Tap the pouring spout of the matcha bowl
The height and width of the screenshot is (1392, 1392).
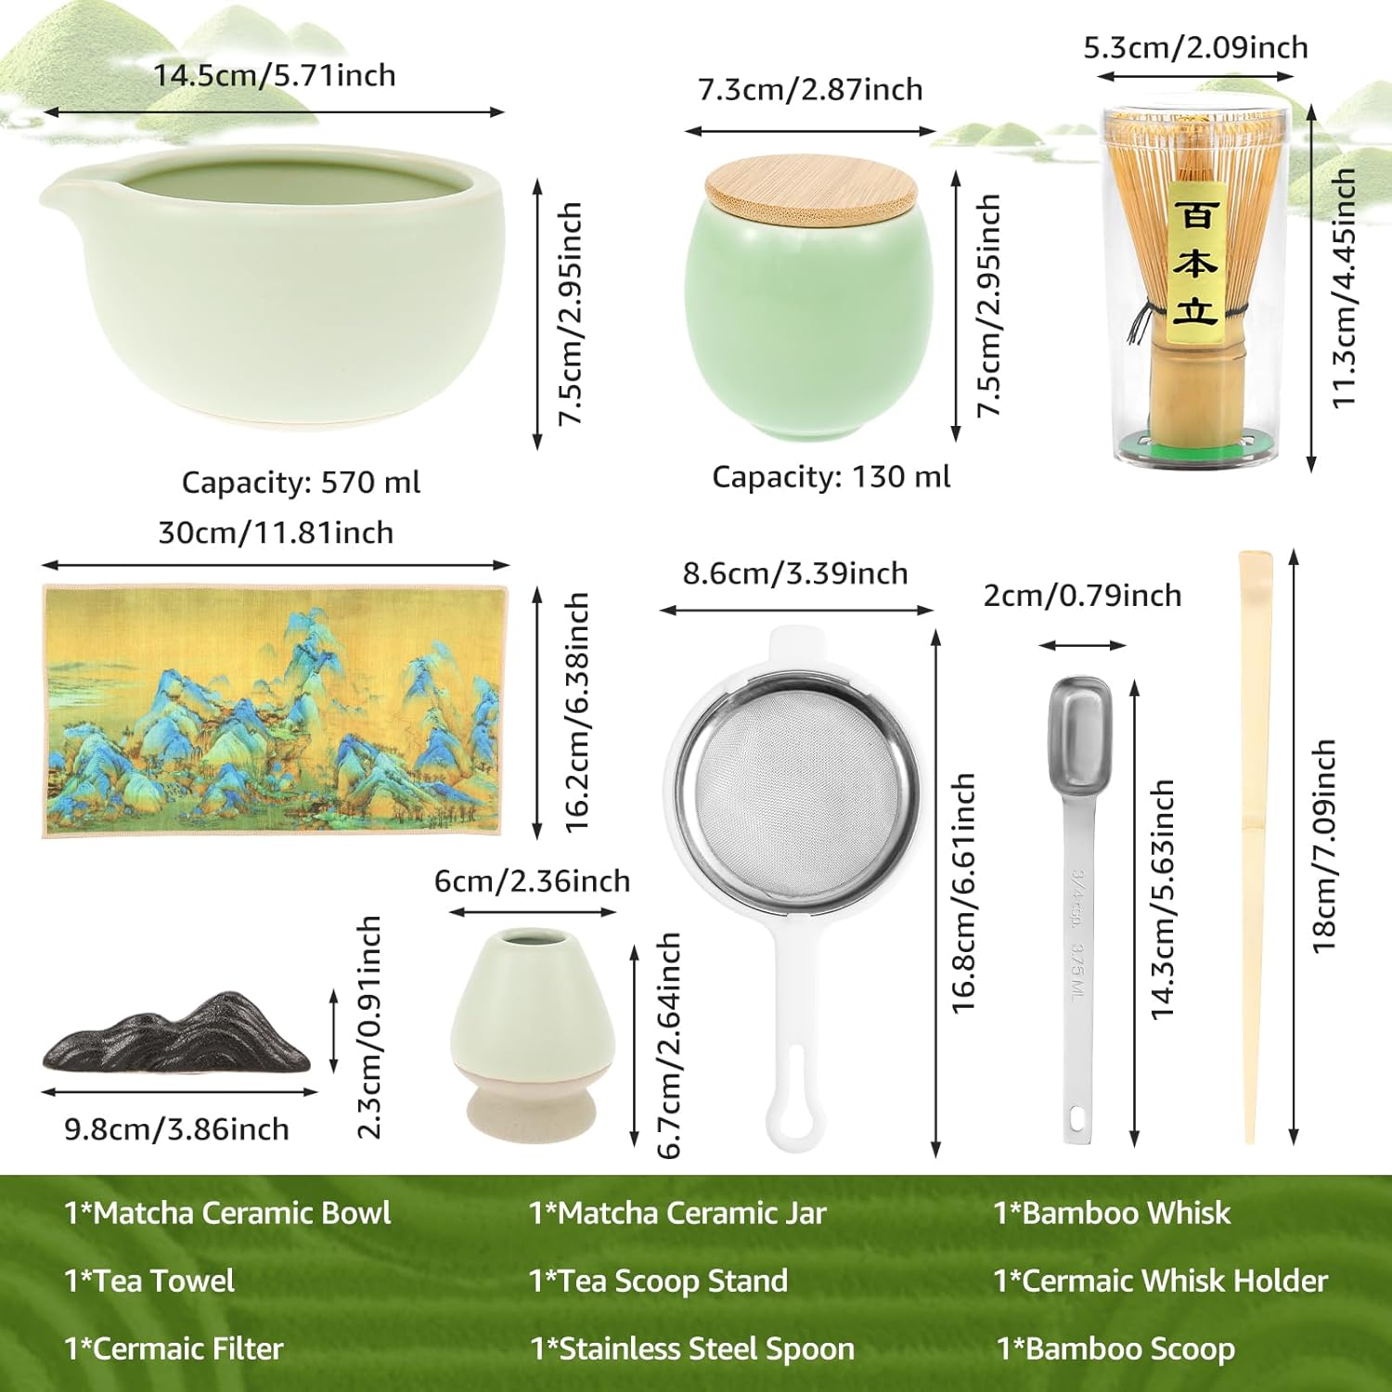coord(58,194)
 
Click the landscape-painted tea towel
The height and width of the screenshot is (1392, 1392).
coord(275,711)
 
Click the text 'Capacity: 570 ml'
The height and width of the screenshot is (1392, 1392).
coord(301,483)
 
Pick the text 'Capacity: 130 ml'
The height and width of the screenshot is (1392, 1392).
coord(831,477)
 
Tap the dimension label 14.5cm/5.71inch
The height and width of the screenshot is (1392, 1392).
coord(275,75)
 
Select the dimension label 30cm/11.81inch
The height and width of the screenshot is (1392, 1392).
coord(276,533)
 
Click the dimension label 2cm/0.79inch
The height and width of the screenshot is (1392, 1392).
coord(1082,595)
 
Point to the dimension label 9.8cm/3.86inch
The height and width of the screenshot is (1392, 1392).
coord(176,1129)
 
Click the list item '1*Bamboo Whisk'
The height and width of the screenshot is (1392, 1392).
coord(1112,1213)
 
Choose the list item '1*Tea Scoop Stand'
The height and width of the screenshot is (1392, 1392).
coord(658,1281)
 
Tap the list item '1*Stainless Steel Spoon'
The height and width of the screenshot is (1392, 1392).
coord(692,1348)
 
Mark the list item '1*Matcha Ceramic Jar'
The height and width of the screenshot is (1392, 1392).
coord(677,1213)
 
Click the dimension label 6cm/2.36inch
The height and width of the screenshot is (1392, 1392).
coord(532,881)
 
